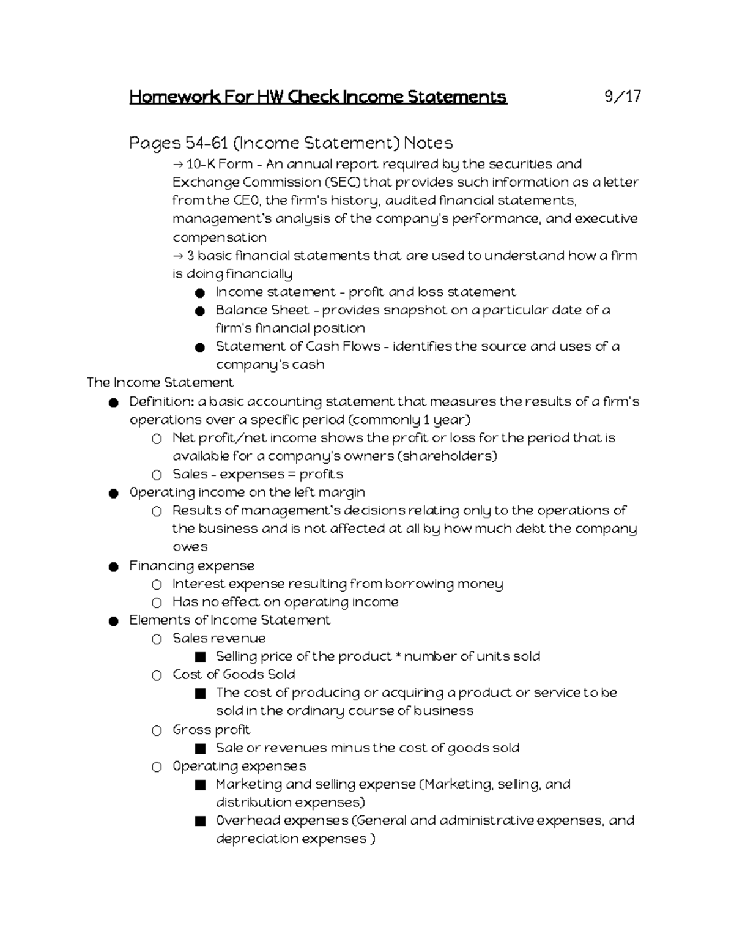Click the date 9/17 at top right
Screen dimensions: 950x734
click(x=622, y=97)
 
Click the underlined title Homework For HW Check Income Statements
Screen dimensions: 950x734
click(x=318, y=97)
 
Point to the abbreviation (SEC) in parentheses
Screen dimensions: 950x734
click(x=343, y=182)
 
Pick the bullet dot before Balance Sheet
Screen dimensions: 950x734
click(x=200, y=311)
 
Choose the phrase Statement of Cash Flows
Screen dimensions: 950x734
click(x=298, y=346)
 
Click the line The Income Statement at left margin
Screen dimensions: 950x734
click(x=160, y=383)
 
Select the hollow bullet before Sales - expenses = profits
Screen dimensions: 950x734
click(x=157, y=475)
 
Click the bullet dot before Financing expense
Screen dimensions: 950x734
click(x=114, y=566)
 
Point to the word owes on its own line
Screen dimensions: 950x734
click(x=190, y=547)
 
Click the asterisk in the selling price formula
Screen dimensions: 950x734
click(x=398, y=656)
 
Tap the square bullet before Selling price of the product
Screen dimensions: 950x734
click(x=200, y=658)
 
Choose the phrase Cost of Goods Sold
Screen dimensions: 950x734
click(x=234, y=674)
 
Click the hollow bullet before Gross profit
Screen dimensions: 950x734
click(x=157, y=730)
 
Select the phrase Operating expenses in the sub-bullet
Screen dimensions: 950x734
click(x=239, y=766)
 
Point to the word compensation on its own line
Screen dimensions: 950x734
click(x=220, y=237)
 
